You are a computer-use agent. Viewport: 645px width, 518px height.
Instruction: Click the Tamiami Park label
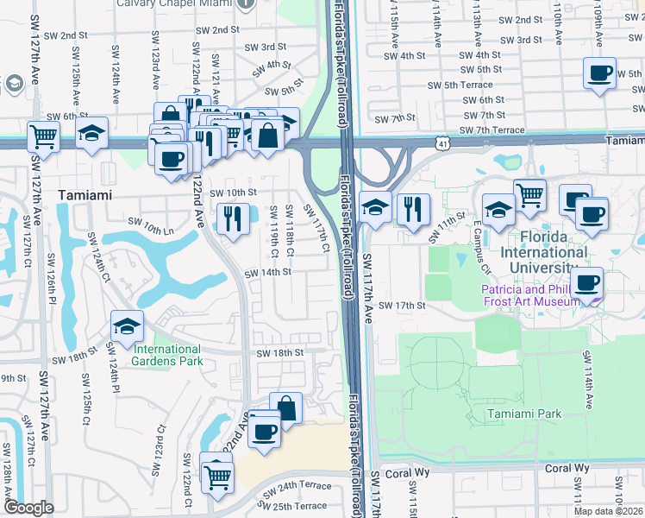[522, 414]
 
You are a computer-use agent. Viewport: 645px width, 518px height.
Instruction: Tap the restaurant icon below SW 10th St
[230, 218]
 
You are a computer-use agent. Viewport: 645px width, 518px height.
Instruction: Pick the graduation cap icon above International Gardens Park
[128, 326]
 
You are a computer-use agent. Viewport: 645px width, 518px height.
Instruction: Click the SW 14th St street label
[268, 272]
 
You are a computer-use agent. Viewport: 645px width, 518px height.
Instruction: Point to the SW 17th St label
[403, 306]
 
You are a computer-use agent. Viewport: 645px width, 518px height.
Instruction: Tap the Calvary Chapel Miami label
[188, 3]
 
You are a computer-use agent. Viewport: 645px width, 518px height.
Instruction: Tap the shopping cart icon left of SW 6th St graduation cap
[42, 136]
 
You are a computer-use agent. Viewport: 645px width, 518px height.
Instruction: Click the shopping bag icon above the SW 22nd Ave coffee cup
[285, 407]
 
